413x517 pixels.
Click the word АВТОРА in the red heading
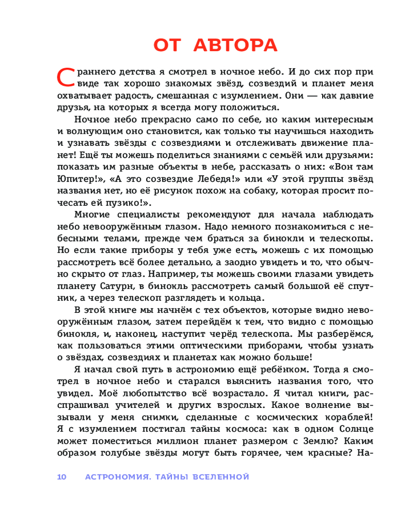pyautogui.click(x=235, y=45)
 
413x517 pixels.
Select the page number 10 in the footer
pyautogui.click(x=62, y=476)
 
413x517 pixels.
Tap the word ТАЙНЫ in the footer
pyautogui.click(x=170, y=476)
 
